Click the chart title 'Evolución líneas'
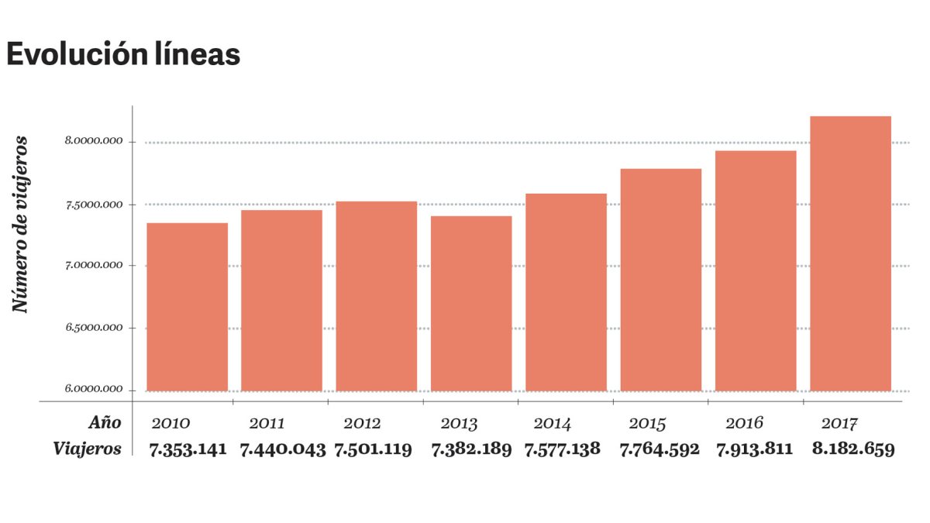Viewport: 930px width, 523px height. pos(123,55)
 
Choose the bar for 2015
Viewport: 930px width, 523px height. pos(661,280)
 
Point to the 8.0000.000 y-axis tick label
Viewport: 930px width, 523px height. pos(94,142)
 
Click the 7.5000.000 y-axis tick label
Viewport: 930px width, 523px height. pos(94,205)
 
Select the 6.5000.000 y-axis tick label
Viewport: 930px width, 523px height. pos(94,328)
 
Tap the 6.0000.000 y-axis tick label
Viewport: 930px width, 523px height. pos(94,389)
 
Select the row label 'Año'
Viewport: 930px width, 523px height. pos(104,423)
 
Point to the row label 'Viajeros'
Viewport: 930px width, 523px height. pos(88,449)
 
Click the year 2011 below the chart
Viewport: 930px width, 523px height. pos(267,424)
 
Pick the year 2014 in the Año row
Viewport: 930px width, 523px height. pos(553,424)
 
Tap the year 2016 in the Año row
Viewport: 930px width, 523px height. pos(744,423)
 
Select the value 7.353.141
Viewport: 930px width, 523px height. pos(189,449)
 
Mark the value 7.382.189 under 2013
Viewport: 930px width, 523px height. pos(471,449)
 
